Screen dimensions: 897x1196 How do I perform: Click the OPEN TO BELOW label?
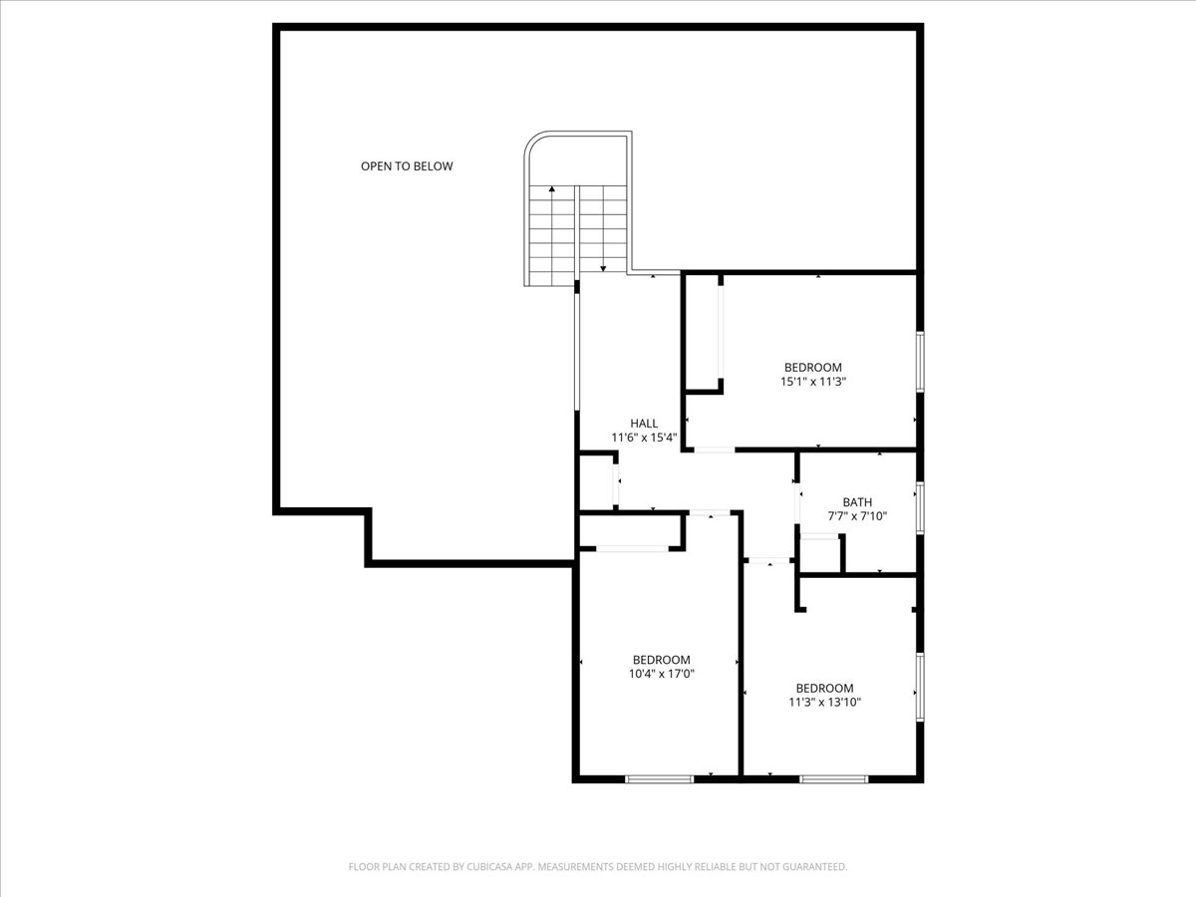[407, 166]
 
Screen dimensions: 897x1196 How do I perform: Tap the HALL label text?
[644, 424]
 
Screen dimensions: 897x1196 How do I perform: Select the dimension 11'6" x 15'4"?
[644, 438]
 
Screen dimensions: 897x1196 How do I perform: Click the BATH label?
[857, 502]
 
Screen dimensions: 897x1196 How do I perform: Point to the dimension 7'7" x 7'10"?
[857, 516]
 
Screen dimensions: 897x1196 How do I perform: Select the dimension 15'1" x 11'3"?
[812, 381]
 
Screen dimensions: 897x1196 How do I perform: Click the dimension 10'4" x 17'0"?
[661, 674]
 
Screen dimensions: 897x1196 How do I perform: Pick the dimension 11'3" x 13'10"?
[824, 702]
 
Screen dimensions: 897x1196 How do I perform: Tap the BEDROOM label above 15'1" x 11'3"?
[812, 367]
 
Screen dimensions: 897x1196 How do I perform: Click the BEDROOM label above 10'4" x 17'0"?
[661, 660]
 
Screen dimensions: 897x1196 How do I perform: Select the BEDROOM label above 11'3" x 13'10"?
[824, 688]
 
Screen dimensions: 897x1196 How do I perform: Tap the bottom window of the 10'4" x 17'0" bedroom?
[659, 778]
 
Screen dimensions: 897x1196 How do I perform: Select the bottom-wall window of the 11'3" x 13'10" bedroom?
[833, 778]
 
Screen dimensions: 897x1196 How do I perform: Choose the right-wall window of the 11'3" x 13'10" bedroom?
[920, 686]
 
